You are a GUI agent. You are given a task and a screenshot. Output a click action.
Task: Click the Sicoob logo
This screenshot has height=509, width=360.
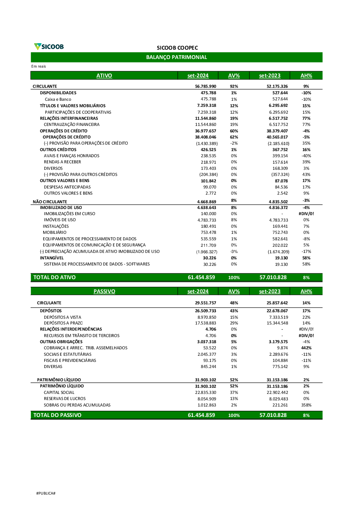point(49,46)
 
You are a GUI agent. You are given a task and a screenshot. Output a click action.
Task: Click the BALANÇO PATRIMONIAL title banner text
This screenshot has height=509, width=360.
point(176,57)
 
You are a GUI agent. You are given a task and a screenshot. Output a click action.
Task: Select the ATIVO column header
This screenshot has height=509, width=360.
point(104,76)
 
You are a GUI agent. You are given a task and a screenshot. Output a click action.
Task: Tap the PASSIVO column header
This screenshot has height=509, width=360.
point(104,291)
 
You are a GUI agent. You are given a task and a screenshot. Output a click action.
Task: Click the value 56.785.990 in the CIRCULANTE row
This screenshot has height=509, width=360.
point(206,86)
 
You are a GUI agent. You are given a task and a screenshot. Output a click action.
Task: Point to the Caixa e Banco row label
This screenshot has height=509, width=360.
point(58,99)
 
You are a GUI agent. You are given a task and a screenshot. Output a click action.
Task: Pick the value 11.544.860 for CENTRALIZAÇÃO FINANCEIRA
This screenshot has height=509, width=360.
point(206,124)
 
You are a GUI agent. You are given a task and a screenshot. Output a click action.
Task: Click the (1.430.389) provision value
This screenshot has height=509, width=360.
point(207,143)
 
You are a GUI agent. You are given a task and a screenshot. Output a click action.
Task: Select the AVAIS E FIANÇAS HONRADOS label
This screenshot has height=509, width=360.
point(72,156)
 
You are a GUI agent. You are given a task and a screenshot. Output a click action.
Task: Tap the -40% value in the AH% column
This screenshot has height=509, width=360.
point(306,156)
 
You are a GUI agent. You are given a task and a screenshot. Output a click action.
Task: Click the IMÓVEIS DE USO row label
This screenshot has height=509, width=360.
point(60,220)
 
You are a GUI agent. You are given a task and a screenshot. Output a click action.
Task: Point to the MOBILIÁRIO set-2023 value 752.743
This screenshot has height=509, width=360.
point(280,232)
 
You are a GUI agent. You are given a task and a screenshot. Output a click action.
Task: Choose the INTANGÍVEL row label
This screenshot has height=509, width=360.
point(52,258)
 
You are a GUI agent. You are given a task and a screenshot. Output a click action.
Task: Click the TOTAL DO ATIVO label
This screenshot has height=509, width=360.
point(54,277)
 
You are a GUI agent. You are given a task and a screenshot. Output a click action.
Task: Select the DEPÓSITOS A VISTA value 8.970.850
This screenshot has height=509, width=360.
point(207,317)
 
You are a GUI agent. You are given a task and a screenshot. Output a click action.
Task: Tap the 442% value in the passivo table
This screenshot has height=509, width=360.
point(306,348)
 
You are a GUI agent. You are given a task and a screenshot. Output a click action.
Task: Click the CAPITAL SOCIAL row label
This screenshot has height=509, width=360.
point(59,392)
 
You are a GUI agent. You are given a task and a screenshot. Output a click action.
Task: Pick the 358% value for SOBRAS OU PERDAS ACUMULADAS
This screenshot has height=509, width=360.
point(306,405)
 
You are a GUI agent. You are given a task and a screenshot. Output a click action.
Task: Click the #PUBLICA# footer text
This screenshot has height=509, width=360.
point(46,493)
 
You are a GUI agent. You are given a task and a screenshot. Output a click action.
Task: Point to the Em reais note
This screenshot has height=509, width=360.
point(39,66)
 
